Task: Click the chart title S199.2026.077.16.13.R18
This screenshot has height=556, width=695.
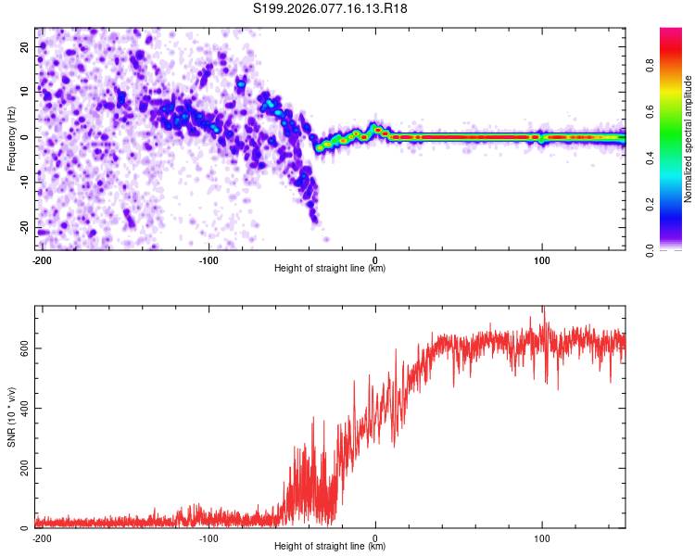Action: coord(331,8)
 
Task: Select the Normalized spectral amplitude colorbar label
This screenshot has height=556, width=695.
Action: coord(689,139)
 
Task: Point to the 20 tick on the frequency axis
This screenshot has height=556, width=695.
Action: coord(27,46)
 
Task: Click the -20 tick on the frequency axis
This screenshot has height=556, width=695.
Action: coord(25,228)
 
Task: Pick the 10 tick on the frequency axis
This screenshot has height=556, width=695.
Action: coord(27,92)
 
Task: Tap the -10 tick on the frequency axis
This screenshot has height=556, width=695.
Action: coord(25,183)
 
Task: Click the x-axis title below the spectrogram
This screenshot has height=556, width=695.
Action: coord(330,269)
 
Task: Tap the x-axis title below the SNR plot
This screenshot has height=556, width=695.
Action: coord(330,547)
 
